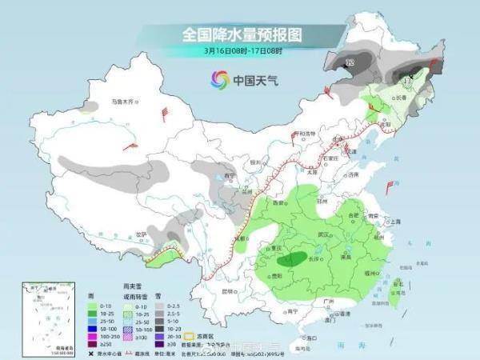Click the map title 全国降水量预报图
[x=239, y=35]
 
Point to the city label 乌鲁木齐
[x=124, y=102]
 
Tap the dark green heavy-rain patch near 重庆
[x=297, y=258]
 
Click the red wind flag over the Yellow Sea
[x=390, y=187]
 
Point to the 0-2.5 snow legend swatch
[x=160, y=305]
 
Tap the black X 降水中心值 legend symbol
[x=91, y=352]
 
